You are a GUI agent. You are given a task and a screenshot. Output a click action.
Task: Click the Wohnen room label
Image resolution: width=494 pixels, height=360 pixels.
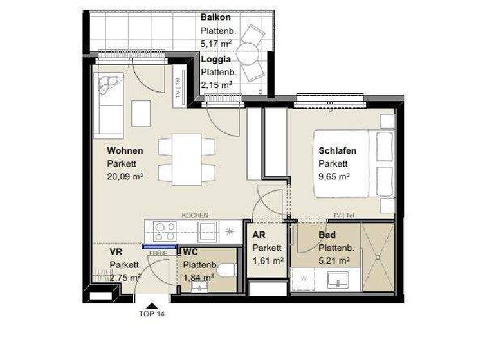[125, 151]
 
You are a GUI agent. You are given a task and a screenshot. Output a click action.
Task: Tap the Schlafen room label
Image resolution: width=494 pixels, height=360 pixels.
[337, 151]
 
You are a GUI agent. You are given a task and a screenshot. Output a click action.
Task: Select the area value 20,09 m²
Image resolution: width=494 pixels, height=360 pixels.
[125, 175]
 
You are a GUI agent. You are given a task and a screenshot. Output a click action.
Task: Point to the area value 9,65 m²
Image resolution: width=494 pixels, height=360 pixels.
[334, 175]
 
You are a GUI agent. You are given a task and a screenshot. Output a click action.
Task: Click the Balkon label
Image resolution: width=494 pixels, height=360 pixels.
[215, 17]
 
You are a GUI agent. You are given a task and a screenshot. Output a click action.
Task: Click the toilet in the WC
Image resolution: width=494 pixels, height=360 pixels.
[225, 271]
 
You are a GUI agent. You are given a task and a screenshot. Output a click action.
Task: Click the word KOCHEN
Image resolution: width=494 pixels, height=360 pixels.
[195, 215]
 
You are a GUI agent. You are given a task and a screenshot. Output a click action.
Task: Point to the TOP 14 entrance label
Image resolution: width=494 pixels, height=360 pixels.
[152, 314]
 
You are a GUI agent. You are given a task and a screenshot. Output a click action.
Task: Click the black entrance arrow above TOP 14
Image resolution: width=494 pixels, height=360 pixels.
[152, 305]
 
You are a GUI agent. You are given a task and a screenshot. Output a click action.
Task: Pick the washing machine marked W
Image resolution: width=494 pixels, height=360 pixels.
[304, 279]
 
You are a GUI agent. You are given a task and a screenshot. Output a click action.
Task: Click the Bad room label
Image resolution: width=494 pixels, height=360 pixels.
[327, 235]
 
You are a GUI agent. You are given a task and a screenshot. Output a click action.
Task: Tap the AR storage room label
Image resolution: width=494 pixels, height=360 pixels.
[259, 235]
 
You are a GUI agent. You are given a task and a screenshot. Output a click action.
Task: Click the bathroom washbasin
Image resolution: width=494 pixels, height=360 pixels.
[338, 279]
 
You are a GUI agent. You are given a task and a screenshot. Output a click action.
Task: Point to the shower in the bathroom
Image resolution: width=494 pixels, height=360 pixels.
[378, 256]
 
